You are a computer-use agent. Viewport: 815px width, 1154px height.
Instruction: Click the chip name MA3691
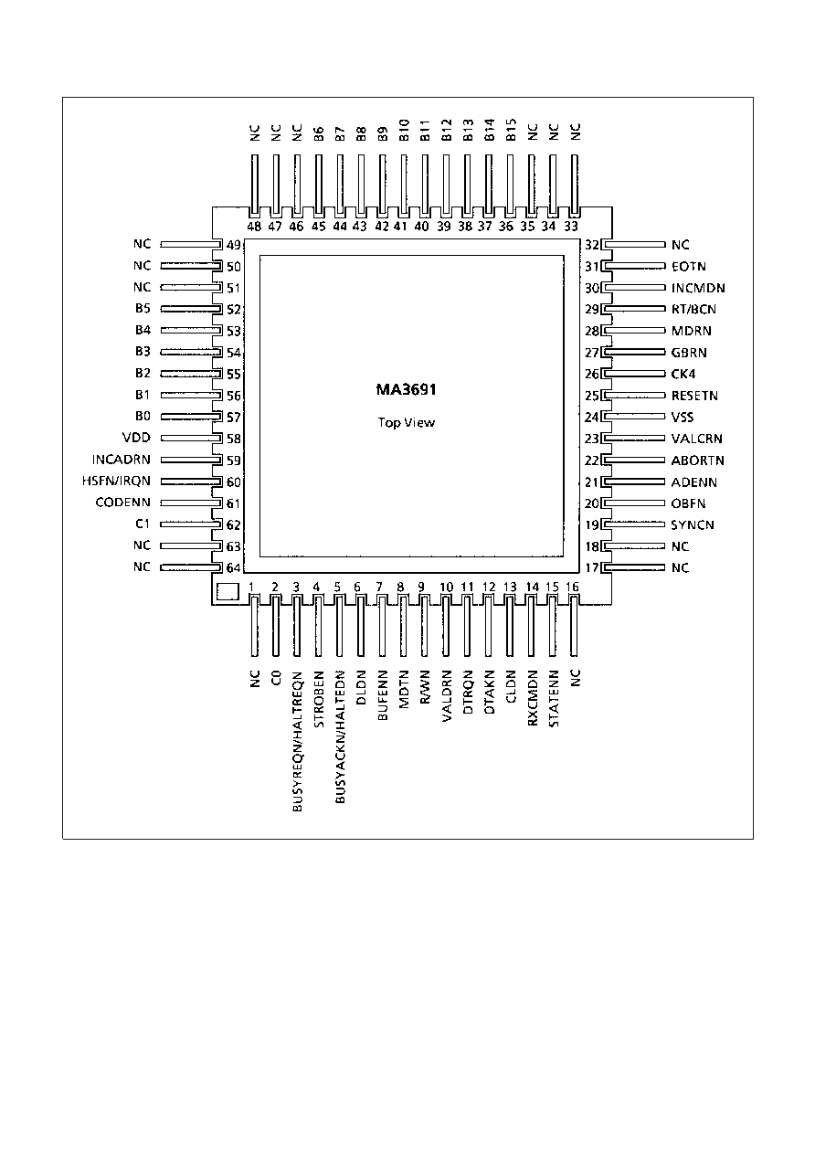coord(406,389)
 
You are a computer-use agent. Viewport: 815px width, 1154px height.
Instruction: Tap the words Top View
coord(407,423)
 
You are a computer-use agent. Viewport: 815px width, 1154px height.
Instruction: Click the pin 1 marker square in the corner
coord(228,591)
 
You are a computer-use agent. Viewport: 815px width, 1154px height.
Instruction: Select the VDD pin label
coord(136,438)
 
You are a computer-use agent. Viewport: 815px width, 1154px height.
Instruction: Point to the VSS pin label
coord(683,417)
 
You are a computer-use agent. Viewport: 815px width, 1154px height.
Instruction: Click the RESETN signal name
coord(694,396)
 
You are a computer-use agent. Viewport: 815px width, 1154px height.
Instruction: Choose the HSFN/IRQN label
coord(116,482)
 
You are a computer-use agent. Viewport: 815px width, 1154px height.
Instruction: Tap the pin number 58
coord(234,439)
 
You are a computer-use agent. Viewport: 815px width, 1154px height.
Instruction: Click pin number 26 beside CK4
coord(592,374)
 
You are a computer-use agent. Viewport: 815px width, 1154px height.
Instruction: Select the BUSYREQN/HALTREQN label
coord(297,741)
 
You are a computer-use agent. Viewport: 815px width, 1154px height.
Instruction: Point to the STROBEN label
coord(319,699)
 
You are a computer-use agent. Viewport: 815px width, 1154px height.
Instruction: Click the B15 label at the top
coord(511,130)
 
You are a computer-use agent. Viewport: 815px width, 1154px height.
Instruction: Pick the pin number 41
coord(400,227)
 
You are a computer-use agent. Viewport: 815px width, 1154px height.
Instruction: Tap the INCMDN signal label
coord(698,288)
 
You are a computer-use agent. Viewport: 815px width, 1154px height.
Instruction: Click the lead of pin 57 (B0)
coord(191,417)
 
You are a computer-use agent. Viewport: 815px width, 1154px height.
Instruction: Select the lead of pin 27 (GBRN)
coord(634,352)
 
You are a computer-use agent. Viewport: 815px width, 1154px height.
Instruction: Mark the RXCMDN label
coord(533,698)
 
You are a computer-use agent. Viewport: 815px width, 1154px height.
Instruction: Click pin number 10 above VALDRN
coord(446,587)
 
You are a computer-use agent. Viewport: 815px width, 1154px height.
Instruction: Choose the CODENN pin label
coord(123,503)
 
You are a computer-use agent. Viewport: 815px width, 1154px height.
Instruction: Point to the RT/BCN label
coord(693,309)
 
